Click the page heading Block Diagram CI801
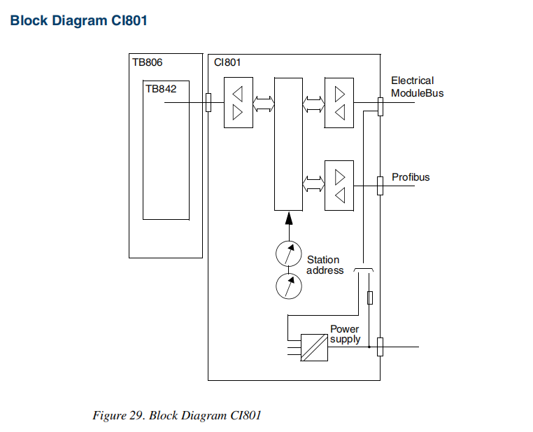(x=78, y=20)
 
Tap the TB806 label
(x=148, y=62)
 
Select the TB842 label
(x=161, y=89)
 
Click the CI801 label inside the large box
(x=227, y=62)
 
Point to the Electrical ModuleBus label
(x=417, y=87)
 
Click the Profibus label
(x=411, y=177)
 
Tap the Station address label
(x=325, y=265)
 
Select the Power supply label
(x=345, y=334)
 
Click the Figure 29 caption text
(x=177, y=415)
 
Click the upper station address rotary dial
(x=288, y=253)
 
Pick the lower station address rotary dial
(x=288, y=286)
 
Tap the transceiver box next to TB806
(x=238, y=103)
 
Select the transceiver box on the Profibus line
(x=339, y=186)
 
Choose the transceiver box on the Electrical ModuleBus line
(x=339, y=103)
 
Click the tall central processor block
(x=288, y=144)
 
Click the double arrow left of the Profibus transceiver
(x=313, y=185)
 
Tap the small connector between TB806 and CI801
(x=208, y=103)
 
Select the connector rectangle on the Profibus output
(x=380, y=186)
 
